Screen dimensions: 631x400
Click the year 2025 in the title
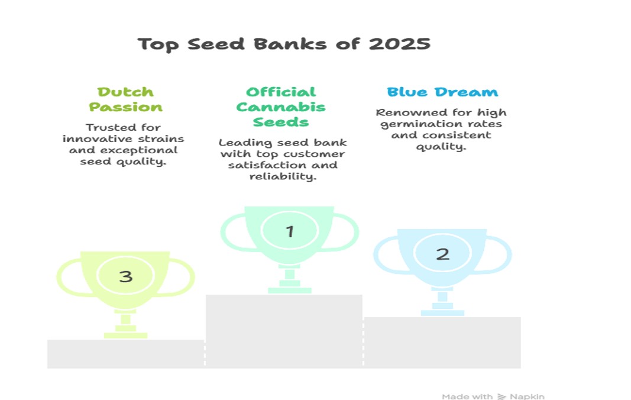(x=400, y=44)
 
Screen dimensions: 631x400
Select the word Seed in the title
(x=216, y=44)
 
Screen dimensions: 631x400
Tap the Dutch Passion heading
(x=125, y=99)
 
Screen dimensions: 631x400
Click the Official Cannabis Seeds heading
(x=281, y=107)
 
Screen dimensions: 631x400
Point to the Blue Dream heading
(x=442, y=92)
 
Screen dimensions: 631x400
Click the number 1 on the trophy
(x=290, y=231)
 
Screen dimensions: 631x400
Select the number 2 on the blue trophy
(x=443, y=254)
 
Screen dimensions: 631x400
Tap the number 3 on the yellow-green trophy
(x=125, y=276)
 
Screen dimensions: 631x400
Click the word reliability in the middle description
(x=283, y=176)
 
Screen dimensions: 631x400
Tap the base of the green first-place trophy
(x=290, y=291)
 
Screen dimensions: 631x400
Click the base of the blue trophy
(x=443, y=313)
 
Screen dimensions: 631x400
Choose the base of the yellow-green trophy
(x=125, y=336)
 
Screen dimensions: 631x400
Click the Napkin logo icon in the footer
(x=501, y=397)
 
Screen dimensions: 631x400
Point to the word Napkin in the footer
(x=527, y=397)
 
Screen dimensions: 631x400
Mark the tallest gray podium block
(x=284, y=331)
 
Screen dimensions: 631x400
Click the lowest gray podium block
(x=126, y=354)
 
